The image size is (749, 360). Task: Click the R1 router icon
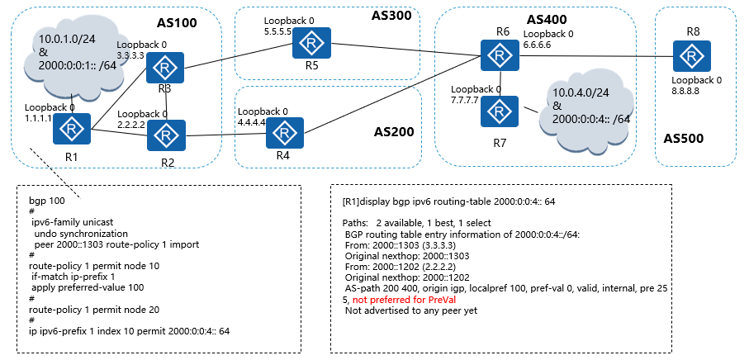[72, 129]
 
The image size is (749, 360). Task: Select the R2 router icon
[166, 135]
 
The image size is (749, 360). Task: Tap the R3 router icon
[165, 68]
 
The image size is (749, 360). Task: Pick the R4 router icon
[285, 133]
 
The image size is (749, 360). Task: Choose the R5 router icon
[312, 43]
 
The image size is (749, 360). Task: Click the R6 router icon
[500, 55]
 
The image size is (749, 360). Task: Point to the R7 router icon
[500, 111]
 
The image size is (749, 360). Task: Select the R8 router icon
[692, 56]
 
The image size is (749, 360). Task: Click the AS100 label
[177, 23]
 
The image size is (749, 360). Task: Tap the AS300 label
[391, 16]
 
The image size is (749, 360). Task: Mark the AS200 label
[394, 132]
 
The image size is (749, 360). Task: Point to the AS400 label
[547, 19]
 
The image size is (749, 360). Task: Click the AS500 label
[684, 139]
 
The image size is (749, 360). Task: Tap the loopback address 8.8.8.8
[686, 91]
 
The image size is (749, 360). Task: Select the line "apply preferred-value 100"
[88, 287]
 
